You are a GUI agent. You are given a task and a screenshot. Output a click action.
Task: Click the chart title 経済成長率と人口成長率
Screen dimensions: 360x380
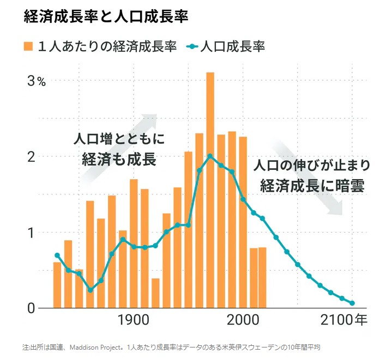[x=106, y=16]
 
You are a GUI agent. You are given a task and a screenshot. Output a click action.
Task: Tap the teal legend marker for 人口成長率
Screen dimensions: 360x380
[x=194, y=46]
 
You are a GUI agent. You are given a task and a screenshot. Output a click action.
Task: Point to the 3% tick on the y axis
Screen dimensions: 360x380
[x=38, y=82]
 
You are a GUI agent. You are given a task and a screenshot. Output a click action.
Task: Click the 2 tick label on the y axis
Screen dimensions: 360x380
[x=32, y=157]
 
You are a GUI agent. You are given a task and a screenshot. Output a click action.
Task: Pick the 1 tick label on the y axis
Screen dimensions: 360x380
[x=32, y=233]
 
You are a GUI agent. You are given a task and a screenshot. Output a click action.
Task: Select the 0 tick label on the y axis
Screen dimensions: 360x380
[x=32, y=308]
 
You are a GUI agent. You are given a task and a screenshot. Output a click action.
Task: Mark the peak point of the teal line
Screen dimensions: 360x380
[x=210, y=156]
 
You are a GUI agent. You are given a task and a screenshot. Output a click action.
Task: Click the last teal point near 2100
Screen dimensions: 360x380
[x=352, y=303]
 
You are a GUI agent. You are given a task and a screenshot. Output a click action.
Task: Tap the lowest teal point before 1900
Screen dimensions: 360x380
[x=90, y=290]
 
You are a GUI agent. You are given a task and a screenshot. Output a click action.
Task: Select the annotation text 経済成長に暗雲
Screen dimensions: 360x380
[x=312, y=185]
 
